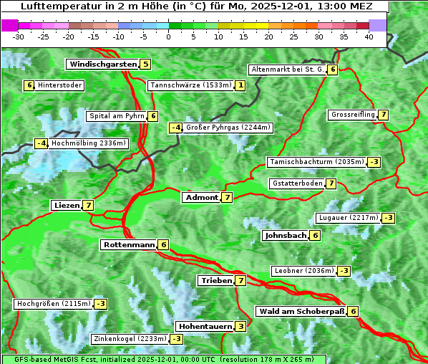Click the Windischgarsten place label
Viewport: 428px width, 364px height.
pyautogui.click(x=102, y=64)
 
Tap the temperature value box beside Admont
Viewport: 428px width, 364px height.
pyautogui.click(x=227, y=197)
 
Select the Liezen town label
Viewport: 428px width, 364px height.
pyautogui.click(x=67, y=206)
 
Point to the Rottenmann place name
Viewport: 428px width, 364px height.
pyautogui.click(x=129, y=245)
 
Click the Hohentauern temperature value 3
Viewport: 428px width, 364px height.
pyautogui.click(x=240, y=327)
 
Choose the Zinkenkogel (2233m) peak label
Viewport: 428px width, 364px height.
pyautogui.click(x=130, y=339)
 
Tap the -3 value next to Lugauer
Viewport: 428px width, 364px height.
pyautogui.click(x=388, y=218)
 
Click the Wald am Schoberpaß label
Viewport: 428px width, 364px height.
pyautogui.click(x=301, y=312)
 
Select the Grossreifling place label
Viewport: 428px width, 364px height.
pyautogui.click(x=353, y=115)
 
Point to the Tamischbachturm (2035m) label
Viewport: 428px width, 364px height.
pyautogui.click(x=316, y=162)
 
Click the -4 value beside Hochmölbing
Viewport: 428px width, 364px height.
pyautogui.click(x=42, y=143)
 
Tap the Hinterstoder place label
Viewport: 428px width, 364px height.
pyautogui.click(x=59, y=85)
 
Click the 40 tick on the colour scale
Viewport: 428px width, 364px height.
pyautogui.click(x=369, y=37)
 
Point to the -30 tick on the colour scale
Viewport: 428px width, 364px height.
pyautogui.click(x=19, y=37)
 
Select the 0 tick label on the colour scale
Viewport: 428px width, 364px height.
pyautogui.click(x=168, y=37)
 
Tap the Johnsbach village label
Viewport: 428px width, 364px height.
pyautogui.click(x=286, y=235)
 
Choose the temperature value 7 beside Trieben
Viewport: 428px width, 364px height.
pyautogui.click(x=240, y=281)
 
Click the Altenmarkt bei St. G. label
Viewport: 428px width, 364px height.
pyautogui.click(x=287, y=70)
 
